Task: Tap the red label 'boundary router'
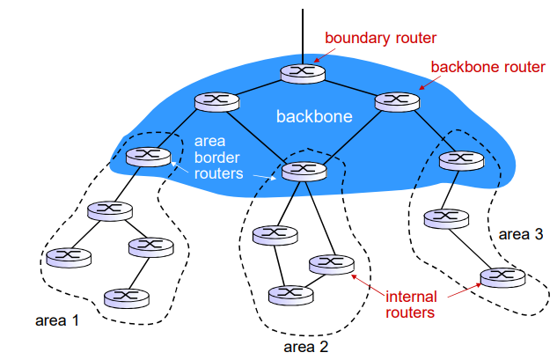click(380, 38)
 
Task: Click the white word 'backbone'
click(314, 116)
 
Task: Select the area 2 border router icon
click(301, 167)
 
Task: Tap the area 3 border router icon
click(455, 159)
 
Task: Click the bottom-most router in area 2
click(284, 292)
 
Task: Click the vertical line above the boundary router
click(301, 31)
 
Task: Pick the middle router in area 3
click(443, 216)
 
